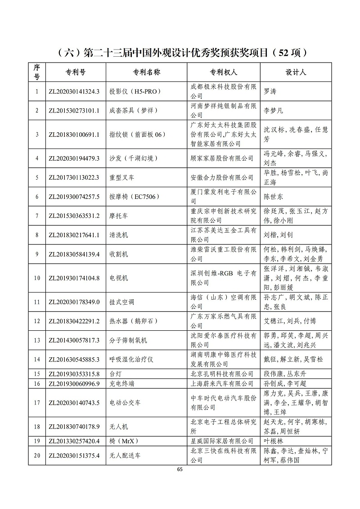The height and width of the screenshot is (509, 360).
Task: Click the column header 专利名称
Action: [146, 72]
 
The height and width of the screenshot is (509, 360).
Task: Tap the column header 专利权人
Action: [223, 72]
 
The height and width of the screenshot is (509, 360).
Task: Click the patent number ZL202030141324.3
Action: [74, 91]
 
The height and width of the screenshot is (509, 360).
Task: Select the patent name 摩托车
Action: [119, 216]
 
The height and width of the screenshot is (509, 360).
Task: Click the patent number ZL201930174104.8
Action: [74, 278]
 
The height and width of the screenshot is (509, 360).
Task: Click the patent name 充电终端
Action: [122, 383]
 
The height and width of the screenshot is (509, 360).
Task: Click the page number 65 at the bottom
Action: [180, 469]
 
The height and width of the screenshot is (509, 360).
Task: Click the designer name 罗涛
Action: [270, 91]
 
